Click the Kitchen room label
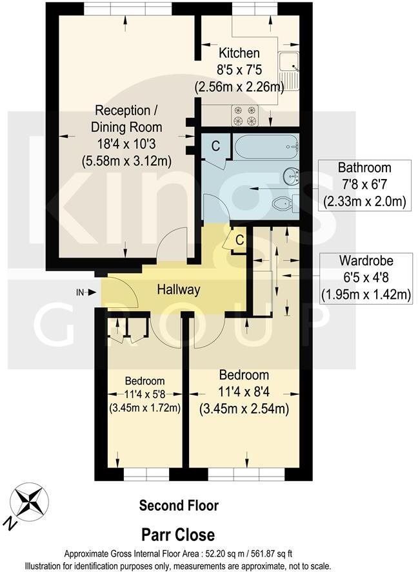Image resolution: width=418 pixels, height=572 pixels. click(x=239, y=53)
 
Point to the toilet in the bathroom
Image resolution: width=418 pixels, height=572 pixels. click(x=284, y=204)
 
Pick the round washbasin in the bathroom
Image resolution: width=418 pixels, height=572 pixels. click(x=290, y=175)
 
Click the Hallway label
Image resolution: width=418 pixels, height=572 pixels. click(x=179, y=291)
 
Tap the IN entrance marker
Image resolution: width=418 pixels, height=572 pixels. click(x=81, y=292)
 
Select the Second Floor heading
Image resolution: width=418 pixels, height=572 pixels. click(x=179, y=506)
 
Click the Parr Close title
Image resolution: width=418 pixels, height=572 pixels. click(x=179, y=535)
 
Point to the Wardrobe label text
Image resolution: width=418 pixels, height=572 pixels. click(x=366, y=262)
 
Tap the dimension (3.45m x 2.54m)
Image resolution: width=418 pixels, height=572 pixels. click(x=244, y=408)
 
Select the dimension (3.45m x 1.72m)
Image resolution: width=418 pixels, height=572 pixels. click(x=144, y=407)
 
